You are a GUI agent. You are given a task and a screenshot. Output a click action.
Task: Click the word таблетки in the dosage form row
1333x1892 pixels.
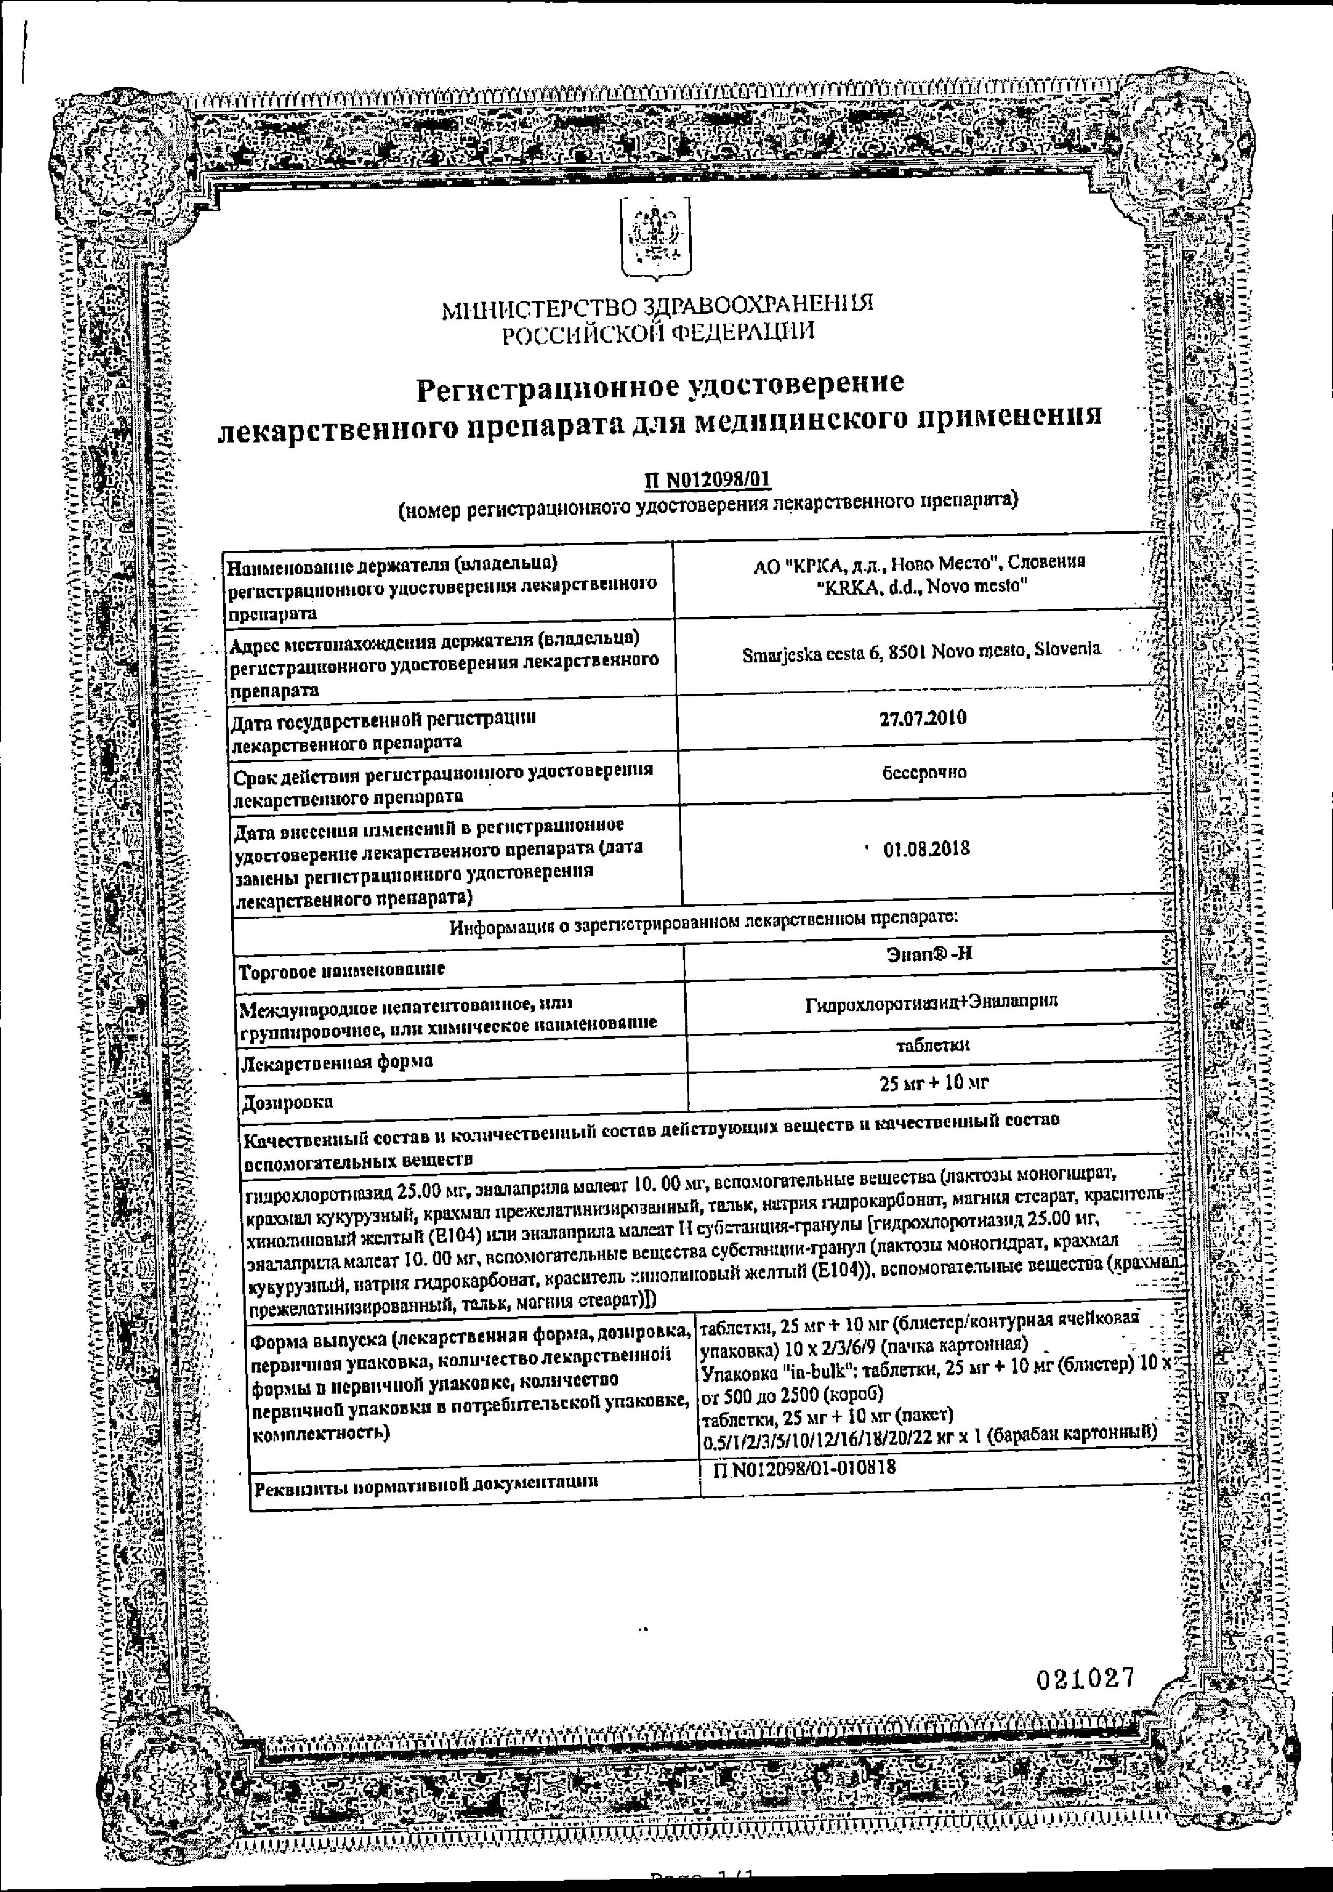[x=933, y=1045]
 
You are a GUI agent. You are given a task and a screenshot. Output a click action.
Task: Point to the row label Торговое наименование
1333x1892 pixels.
[x=341, y=970]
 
